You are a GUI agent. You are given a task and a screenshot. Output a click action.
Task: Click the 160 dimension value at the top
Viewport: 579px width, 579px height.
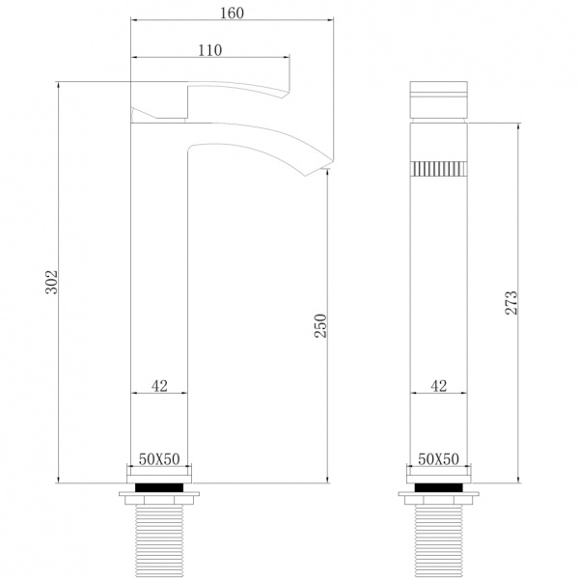coord(231,13)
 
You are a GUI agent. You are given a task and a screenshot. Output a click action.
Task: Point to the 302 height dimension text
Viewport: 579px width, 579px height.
coord(53,282)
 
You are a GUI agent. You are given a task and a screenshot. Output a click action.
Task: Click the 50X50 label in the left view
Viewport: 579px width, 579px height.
coord(159,459)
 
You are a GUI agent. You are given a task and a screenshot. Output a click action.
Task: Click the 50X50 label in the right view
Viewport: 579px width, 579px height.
coord(438,459)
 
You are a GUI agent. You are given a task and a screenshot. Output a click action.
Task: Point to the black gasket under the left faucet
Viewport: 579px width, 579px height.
coord(159,487)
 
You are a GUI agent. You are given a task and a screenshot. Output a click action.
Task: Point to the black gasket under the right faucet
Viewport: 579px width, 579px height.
coord(438,487)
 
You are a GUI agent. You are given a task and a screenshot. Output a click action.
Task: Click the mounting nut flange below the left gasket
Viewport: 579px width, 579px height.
coord(159,499)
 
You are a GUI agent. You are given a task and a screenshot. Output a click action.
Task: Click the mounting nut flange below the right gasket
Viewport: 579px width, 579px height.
coord(438,499)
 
